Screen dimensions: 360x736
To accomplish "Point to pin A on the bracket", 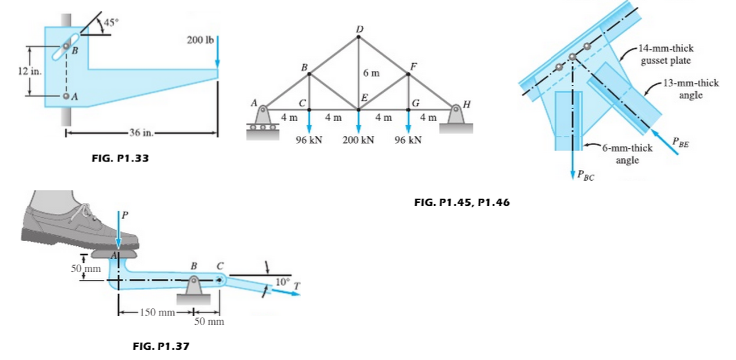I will pos(66,96).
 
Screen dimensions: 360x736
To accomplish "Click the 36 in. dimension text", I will pos(139,134).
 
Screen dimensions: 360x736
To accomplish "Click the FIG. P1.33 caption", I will pos(120,159).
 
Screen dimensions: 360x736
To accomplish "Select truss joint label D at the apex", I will pos(359,29).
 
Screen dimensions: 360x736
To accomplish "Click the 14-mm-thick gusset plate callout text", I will pos(666,55).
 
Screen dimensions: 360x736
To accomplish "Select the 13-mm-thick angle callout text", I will pos(691,89).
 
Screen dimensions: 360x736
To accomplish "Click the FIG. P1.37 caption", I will pos(161,345).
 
